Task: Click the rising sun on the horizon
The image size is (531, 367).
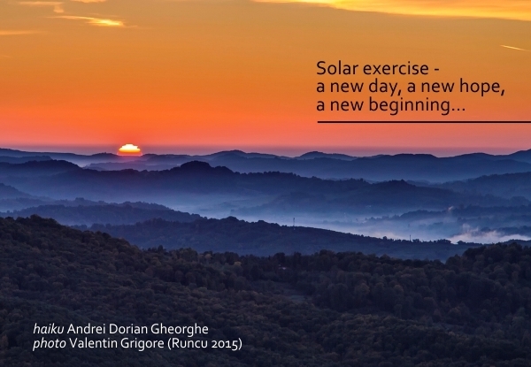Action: point(130,149)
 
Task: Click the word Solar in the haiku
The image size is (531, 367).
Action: point(337,68)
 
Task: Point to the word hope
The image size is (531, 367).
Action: point(480,87)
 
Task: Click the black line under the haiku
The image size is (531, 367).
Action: point(424,122)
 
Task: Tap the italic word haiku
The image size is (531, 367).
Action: point(49,328)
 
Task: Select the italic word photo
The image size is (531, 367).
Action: point(50,344)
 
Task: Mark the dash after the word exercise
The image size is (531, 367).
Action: point(436,70)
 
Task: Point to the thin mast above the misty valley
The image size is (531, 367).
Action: point(294,222)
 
